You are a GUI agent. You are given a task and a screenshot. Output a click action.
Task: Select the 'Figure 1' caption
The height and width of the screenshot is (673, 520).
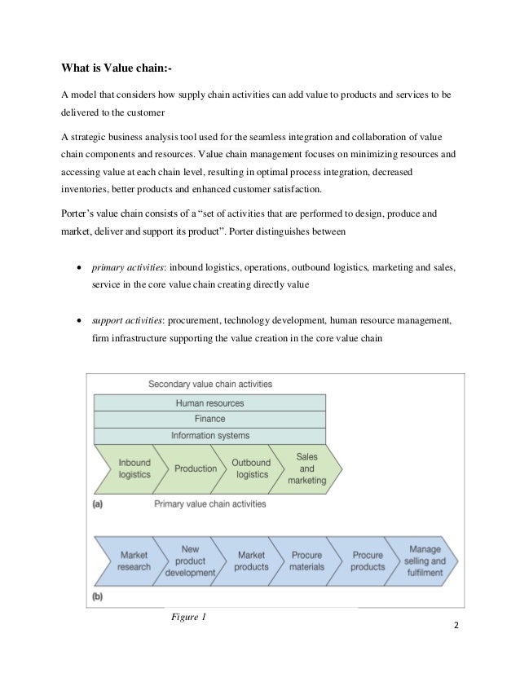pos(189,616)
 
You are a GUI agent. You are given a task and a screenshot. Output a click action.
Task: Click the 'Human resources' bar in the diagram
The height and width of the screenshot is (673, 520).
pos(209,402)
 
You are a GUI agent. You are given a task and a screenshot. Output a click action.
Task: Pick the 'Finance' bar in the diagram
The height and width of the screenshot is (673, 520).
pos(209,419)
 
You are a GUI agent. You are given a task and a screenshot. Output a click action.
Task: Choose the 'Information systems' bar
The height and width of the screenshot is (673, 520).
pos(209,435)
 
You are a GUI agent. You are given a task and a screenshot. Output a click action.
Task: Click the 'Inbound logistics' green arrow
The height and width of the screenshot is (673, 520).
pos(133,468)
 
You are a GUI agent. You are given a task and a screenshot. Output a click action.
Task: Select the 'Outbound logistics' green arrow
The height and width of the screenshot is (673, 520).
pos(251,468)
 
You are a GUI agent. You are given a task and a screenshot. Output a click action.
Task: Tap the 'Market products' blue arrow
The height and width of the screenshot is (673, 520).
pos(251,561)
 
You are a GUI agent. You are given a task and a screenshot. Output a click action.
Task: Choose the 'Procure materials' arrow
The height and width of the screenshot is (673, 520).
pos(307,561)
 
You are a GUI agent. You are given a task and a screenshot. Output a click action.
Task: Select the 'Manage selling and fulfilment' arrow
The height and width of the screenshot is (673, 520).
pos(424,561)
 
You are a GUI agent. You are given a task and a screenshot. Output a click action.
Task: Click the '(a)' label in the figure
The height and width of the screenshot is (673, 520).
pos(98,504)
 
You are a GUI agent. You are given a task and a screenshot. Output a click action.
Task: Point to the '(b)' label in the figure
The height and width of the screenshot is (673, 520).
pos(98,597)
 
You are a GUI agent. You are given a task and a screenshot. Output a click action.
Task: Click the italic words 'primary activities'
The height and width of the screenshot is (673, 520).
pos(123,266)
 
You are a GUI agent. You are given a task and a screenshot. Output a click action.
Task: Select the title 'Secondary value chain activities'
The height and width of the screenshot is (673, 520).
pos(209,384)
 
